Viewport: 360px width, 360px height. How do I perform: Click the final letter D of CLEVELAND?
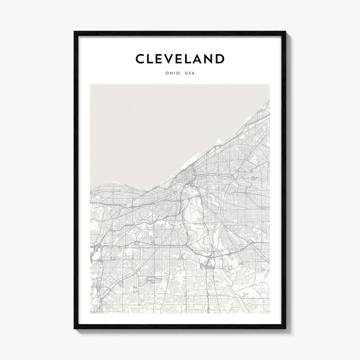220,59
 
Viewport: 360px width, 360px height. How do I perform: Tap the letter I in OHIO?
173,73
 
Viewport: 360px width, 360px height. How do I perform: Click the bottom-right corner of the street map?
270,313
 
